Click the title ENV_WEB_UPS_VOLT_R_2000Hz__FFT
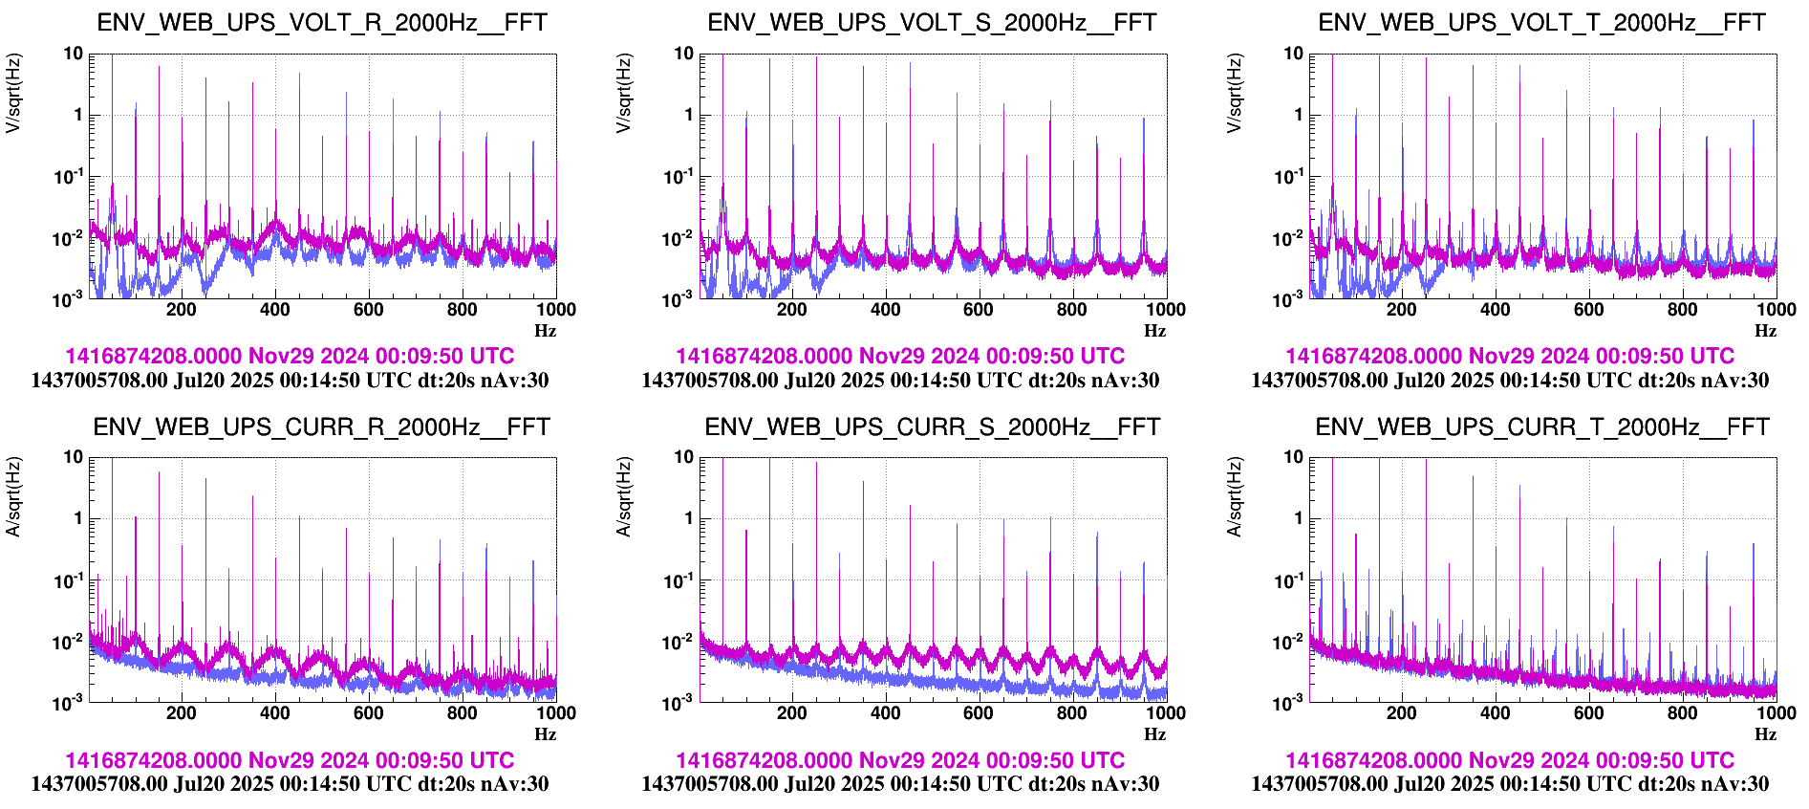(322, 23)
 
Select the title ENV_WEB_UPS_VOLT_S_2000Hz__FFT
(932, 23)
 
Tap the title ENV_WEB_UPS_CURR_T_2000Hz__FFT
(1542, 427)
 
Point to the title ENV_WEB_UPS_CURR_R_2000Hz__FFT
(322, 427)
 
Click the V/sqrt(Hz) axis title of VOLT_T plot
(1236, 93)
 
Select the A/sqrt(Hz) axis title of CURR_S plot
(624, 497)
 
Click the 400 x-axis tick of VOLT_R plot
(275, 309)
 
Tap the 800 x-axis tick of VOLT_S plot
(1072, 309)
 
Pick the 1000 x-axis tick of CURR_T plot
(1777, 712)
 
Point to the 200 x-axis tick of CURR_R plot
(182, 712)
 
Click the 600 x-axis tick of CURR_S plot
(979, 712)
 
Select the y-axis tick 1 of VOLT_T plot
(1298, 115)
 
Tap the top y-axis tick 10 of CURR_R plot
(74, 457)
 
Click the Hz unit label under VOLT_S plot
(1155, 331)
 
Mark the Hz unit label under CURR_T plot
(1765, 734)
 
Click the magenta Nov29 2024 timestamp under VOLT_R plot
(290, 357)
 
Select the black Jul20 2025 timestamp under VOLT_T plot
(1510, 381)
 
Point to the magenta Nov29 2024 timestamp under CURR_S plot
(900, 760)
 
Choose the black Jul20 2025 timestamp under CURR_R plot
(290, 784)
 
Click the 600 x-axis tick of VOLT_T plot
(1589, 309)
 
